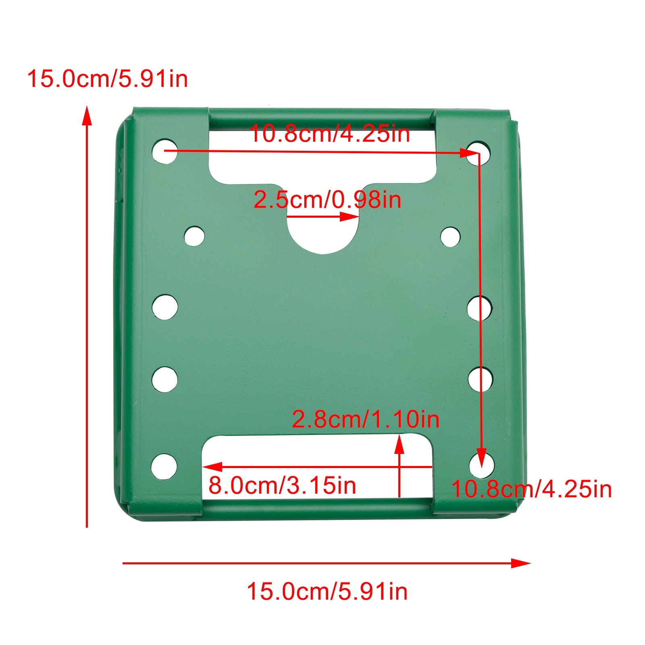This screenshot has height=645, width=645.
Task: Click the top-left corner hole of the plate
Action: pos(164,151)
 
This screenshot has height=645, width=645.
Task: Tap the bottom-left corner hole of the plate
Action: pos(164,466)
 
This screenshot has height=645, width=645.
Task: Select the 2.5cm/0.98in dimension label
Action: pos(327,200)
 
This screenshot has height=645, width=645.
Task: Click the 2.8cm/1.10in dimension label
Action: pos(365,419)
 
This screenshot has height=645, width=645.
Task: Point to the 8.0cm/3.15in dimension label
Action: pos(282,485)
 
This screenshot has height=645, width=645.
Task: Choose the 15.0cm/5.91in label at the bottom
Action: pos(327,592)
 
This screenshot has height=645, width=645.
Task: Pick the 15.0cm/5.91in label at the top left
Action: pos(107,79)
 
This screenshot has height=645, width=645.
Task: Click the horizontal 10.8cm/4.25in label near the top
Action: pos(330,133)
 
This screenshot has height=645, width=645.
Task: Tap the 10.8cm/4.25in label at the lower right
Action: pos(531,489)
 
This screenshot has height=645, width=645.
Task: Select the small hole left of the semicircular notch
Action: pos(194,236)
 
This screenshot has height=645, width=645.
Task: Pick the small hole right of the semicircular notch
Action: pos(450,237)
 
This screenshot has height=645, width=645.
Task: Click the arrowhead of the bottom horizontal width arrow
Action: pos(522,563)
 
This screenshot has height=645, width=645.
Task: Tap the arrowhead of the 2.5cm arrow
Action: pos(350,217)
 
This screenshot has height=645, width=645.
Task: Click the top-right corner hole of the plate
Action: pos(479,152)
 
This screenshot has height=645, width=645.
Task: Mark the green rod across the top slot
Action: pos(322,119)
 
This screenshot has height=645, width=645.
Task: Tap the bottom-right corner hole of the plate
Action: pos(482,466)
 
